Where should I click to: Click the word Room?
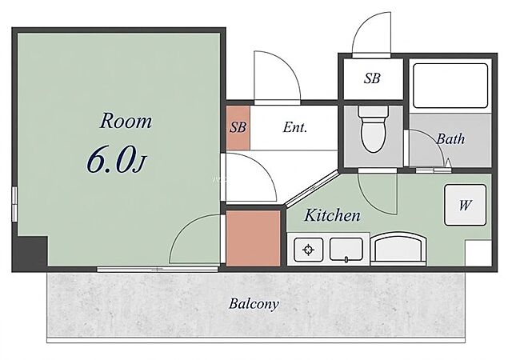[x=126, y=121]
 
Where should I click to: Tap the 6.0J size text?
[x=116, y=160]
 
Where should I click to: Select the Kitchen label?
[x=333, y=215]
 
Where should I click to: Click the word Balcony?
[x=254, y=304]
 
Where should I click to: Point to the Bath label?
[x=450, y=139]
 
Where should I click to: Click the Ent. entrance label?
[x=295, y=127]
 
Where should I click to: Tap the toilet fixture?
[x=374, y=129]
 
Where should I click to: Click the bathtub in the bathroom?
[x=450, y=86]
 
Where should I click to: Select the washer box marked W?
[x=465, y=205]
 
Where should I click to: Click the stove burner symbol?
[x=308, y=250]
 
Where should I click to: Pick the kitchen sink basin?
[x=346, y=250]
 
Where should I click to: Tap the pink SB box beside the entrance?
[x=238, y=127]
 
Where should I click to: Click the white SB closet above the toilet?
[x=373, y=78]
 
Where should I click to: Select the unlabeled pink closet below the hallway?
[x=254, y=238]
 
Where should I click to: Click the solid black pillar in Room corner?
[x=31, y=252]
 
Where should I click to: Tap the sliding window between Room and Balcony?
[x=158, y=269]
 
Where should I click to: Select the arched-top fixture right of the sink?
[x=398, y=248]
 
